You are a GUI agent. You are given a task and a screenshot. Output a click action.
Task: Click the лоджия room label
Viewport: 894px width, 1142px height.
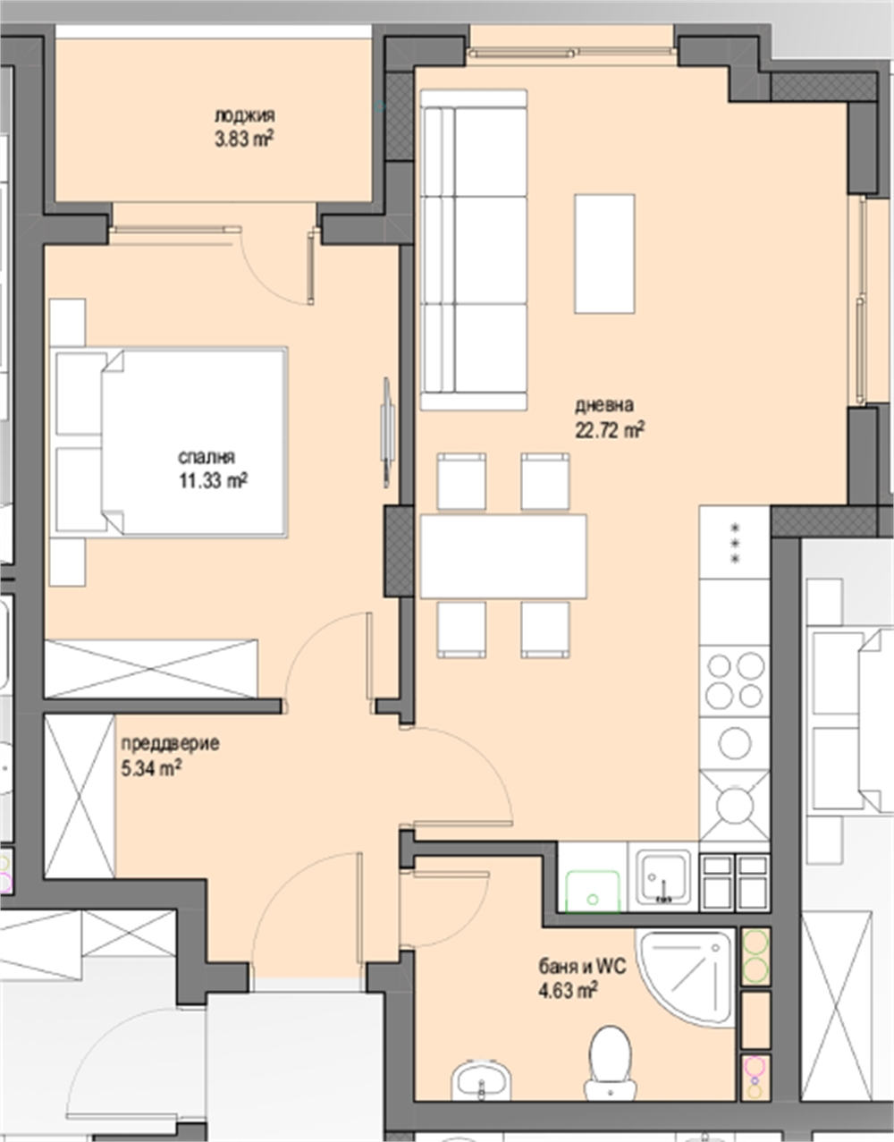coord(245,115)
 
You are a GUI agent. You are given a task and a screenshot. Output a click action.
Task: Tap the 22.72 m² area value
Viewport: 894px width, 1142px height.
coord(610,430)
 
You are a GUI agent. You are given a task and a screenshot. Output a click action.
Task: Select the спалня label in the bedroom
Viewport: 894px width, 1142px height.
coord(207,457)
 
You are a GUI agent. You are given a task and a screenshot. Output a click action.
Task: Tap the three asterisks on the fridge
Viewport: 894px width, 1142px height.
coord(736,543)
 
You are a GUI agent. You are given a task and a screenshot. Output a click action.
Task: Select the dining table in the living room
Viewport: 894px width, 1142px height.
coord(503,556)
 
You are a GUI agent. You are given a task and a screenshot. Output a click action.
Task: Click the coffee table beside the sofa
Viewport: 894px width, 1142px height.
coord(604,254)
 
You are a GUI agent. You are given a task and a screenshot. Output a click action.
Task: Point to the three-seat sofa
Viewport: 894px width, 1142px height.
coord(474,250)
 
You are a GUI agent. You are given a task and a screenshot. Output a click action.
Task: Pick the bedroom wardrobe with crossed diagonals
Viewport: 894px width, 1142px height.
coord(151,669)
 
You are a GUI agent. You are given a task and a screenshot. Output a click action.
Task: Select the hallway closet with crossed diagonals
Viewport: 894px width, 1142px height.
coord(80,797)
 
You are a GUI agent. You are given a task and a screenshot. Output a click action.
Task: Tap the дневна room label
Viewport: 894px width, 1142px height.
coord(604,405)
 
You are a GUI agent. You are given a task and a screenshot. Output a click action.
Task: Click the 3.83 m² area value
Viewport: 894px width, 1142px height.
coord(244,140)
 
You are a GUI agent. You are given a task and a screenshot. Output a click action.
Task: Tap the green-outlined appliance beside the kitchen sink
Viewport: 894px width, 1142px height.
coord(594,891)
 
